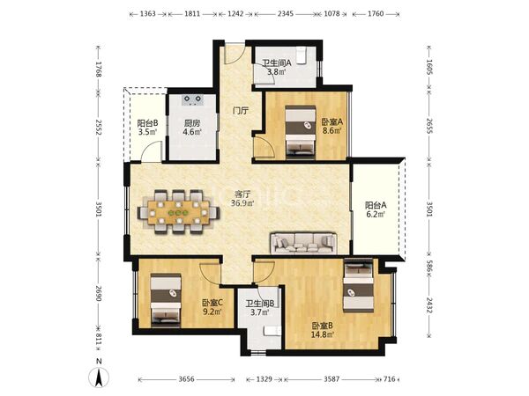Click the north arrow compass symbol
[99, 378]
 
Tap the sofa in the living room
[304, 243]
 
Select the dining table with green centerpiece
[179, 212]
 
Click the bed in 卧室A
[301, 132]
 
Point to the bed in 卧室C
[166, 300]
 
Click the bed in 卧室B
[358, 285]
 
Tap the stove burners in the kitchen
[192, 99]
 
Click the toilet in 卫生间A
[301, 55]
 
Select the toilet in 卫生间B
[272, 330]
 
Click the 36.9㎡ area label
[242, 203]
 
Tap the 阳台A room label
[376, 205]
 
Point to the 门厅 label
[241, 111]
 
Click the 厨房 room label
[192, 123]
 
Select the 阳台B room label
[148, 123]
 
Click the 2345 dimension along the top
[286, 14]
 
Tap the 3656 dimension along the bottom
[186, 379]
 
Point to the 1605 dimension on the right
[429, 67]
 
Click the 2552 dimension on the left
[98, 127]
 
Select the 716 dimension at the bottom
[390, 379]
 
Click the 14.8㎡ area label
[323, 334]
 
